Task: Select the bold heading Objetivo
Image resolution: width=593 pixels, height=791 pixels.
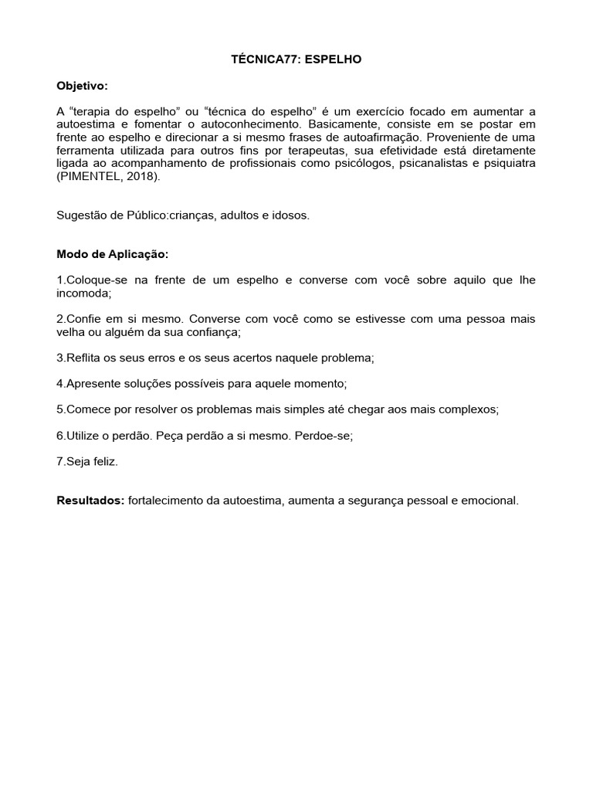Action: [x=83, y=85]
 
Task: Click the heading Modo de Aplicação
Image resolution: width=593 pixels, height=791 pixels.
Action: [x=112, y=254]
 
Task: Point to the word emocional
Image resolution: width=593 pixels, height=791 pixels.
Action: [x=490, y=501]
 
